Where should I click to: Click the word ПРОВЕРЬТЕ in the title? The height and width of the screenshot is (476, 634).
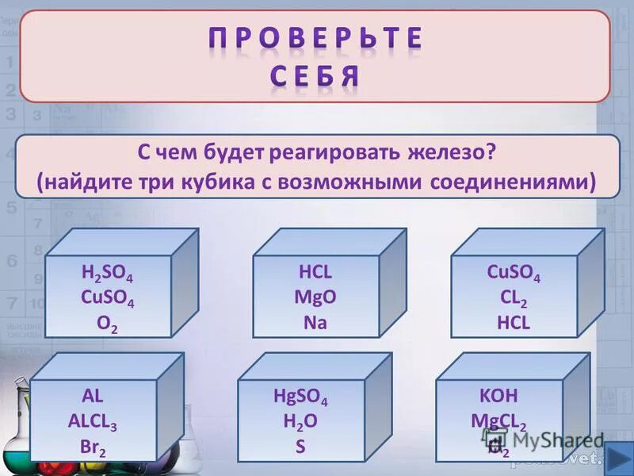316,39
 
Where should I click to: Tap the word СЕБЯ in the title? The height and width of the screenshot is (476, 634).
316,77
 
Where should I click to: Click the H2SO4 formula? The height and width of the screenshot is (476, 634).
108,274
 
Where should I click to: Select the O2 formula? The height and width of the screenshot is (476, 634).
108,325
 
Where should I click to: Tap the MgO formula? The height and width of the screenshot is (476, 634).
315,297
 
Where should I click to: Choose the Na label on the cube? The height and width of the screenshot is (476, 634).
315,323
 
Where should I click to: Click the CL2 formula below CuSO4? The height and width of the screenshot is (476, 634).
514,300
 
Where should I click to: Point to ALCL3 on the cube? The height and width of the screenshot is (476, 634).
93,422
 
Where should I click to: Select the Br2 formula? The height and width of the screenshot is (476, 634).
93,447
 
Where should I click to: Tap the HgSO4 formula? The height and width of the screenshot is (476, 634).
300,397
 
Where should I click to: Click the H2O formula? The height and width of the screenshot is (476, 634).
300,422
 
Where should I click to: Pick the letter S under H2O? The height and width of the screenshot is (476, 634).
300,446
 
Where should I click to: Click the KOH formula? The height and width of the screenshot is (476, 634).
498,397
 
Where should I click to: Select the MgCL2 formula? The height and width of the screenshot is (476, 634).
498,422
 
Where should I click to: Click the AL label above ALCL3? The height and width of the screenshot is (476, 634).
93,397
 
